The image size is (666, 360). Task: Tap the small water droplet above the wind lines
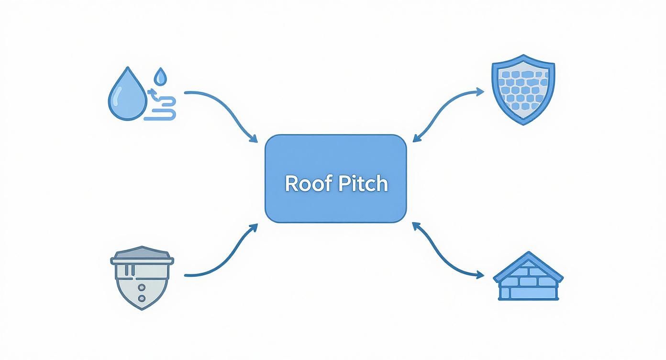click(160, 75)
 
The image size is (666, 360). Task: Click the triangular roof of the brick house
click(528, 265)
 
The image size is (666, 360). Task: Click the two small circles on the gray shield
click(142, 293)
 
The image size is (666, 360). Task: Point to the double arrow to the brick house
click(445, 254)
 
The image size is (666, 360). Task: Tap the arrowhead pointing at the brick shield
click(480, 91)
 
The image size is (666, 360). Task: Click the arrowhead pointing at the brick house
click(480, 275)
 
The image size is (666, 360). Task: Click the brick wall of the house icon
click(528, 288)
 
